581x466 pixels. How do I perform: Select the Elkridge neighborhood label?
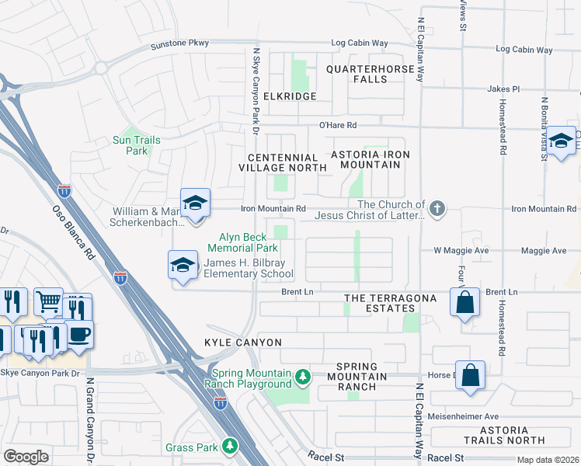[290, 96]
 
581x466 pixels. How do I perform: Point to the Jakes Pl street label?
[503, 89]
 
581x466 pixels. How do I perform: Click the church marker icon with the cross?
[437, 207]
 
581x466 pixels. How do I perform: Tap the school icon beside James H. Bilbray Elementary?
[183, 264]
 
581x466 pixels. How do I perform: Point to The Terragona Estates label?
[380, 303]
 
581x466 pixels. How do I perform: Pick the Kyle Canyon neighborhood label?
[243, 343]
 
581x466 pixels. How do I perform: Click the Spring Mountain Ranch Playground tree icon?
[303, 378]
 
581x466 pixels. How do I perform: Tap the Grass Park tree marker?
[230, 446]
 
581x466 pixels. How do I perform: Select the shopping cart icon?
[48, 301]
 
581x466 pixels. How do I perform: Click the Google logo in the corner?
[26, 457]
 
